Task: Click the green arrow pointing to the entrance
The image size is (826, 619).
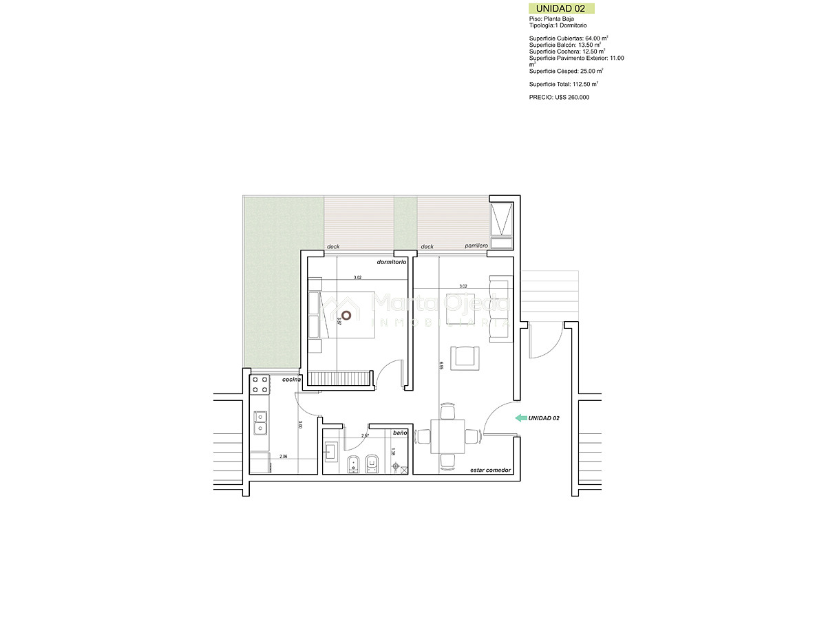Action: (521, 417)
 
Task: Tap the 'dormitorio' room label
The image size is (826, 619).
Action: (392, 262)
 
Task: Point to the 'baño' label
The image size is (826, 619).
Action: (400, 433)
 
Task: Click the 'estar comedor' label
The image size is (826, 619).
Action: (490, 470)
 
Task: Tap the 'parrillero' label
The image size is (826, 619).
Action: (476, 246)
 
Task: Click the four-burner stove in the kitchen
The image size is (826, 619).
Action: (260, 384)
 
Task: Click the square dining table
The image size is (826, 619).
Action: (447, 435)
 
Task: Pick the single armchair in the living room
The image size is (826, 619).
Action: (464, 358)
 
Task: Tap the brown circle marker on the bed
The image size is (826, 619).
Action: (346, 315)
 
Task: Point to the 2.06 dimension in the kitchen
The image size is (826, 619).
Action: (283, 457)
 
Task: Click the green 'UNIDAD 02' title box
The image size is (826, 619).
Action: (560, 8)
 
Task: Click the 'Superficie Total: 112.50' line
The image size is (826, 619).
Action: (563, 84)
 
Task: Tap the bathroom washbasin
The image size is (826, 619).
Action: (330, 452)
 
